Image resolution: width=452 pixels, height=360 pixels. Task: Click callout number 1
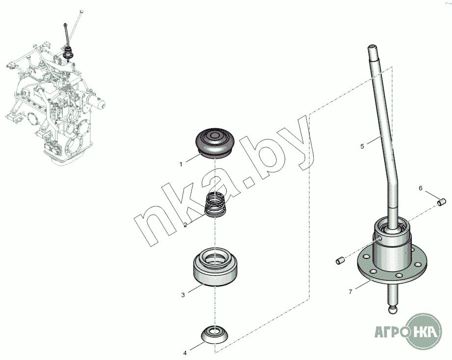pyautogui.click(x=181, y=165)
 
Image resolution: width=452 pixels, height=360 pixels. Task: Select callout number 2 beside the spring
pyautogui.click(x=185, y=225)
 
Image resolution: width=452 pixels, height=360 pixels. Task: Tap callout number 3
pyautogui.click(x=183, y=295)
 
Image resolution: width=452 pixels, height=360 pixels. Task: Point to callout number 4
pyautogui.click(x=185, y=353)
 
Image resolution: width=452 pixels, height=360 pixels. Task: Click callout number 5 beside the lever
pyautogui.click(x=362, y=146)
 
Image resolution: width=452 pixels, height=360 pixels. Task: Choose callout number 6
pyautogui.click(x=421, y=188)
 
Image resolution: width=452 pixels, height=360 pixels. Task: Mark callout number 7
pyautogui.click(x=350, y=292)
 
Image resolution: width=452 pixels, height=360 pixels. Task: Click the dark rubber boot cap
pyautogui.click(x=215, y=143)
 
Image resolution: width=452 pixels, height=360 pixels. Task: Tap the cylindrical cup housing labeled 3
pyautogui.click(x=215, y=267)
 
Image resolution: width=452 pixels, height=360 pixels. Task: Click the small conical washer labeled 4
pyautogui.click(x=214, y=334)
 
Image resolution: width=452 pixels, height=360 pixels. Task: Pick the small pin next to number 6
pyautogui.click(x=442, y=202)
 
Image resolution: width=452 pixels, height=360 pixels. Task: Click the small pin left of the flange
pyautogui.click(x=341, y=260)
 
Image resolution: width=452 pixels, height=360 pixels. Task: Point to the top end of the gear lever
pyautogui.click(x=372, y=47)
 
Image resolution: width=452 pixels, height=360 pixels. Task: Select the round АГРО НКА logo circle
pyautogui.click(x=424, y=332)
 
